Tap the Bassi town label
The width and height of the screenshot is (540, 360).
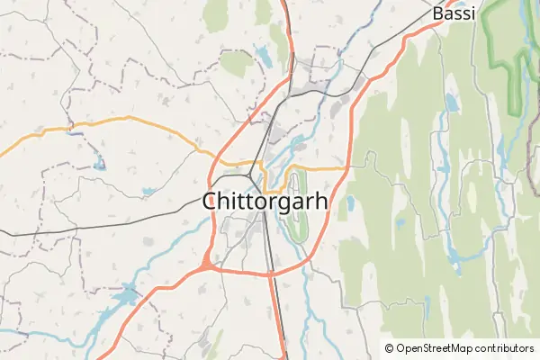coord(454,13)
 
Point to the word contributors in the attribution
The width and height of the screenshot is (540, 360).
coord(503,348)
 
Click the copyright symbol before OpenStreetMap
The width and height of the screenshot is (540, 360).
coord(389,348)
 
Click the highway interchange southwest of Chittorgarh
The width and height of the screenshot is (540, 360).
coord(207,262)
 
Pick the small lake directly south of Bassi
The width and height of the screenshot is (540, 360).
coord(451,104)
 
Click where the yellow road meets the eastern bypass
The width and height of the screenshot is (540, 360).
coord(346,167)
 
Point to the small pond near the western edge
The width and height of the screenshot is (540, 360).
coord(98,166)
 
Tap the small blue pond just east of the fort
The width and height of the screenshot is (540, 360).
coord(349,203)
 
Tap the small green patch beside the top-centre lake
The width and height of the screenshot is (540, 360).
coord(236,63)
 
